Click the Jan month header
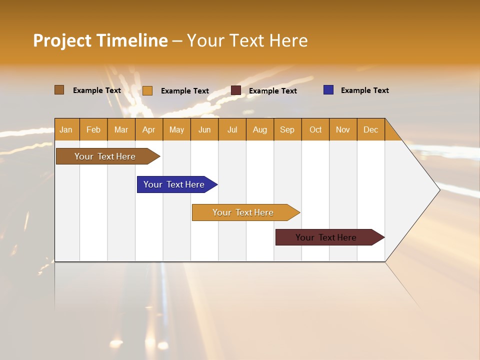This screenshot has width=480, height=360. [66, 129]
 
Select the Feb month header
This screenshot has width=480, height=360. [93, 129]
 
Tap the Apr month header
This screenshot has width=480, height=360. [149, 129]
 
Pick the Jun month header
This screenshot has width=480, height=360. [204, 129]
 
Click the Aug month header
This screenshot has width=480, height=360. [260, 129]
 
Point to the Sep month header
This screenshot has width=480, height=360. [287, 129]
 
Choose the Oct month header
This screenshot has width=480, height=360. [315, 129]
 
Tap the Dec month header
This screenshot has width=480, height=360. [371, 129]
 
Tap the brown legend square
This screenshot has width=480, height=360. [59, 90]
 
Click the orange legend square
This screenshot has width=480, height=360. [147, 90]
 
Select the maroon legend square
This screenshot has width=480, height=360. [236, 90]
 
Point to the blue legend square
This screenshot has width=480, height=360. [328, 90]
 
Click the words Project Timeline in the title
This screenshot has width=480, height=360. [100, 40]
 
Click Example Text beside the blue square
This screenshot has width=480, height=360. [364, 90]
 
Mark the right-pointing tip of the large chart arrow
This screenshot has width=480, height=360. [438, 190]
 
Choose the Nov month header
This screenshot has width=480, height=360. [343, 129]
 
